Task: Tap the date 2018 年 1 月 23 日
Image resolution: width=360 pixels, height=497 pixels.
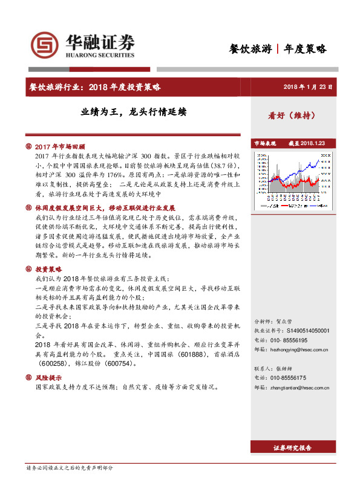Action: point(308,87)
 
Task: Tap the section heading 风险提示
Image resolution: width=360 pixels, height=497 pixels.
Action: point(48,377)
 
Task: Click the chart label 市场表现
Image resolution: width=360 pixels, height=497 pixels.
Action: point(265,143)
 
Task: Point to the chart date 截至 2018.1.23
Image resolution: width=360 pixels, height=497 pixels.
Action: point(307,143)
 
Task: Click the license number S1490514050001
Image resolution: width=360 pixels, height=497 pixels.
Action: point(301,331)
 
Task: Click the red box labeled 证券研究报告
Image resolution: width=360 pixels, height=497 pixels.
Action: point(293,448)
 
